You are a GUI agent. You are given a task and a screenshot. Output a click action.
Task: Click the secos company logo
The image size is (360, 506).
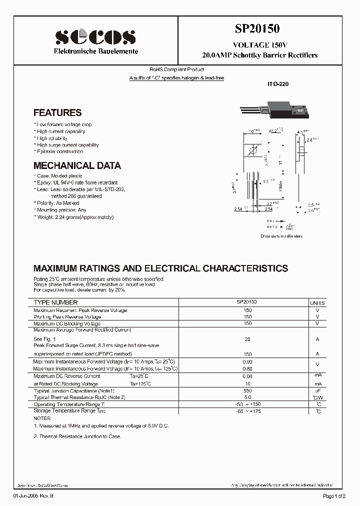[x=94, y=36]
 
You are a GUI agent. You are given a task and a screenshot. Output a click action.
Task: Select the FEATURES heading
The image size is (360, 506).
[x=57, y=113]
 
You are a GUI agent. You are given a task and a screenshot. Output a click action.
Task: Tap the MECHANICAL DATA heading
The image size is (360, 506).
[x=77, y=165]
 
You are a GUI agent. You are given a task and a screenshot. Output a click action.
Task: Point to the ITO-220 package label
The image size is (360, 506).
[x=278, y=84]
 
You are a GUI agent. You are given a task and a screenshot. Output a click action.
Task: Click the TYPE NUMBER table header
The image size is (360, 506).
[x=55, y=302]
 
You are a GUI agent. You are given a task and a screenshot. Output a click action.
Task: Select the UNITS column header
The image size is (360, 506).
[x=317, y=303]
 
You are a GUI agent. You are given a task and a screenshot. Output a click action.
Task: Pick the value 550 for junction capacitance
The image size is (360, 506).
[x=247, y=390]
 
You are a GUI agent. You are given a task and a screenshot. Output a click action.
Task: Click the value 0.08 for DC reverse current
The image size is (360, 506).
[x=247, y=376]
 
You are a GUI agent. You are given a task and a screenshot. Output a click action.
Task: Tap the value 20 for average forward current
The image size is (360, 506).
[x=247, y=339]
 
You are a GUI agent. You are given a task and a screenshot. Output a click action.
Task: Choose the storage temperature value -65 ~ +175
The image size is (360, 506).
[x=247, y=411]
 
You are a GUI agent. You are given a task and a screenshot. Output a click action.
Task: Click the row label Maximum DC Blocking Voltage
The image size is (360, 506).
[x=67, y=323]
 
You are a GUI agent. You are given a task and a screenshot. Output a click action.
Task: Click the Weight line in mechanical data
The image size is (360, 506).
[x=74, y=217]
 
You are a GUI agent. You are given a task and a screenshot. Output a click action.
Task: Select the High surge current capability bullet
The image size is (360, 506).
[x=67, y=145]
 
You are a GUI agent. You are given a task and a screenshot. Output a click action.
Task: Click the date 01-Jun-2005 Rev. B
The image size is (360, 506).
[x=32, y=495]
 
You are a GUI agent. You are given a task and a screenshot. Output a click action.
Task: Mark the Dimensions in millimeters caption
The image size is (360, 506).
[x=281, y=236]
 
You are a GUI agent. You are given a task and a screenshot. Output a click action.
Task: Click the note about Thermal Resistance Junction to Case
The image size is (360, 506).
[x=77, y=436]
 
